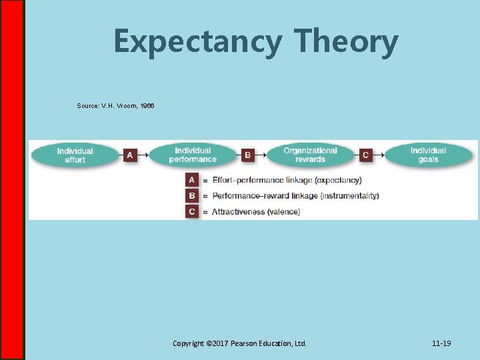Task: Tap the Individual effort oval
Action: [x=75, y=155]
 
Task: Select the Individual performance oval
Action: [x=193, y=155]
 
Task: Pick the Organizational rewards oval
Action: [x=310, y=155]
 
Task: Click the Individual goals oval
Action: [x=428, y=155]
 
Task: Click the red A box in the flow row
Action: [x=129, y=155]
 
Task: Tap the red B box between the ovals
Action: [x=247, y=155]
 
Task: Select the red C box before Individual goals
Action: [x=365, y=155]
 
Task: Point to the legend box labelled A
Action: [x=192, y=180]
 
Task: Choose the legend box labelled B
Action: [x=192, y=196]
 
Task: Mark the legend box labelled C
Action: [x=192, y=211]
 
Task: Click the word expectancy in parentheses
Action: [x=339, y=180]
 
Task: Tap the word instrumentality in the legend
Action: [x=349, y=196]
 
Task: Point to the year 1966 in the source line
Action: [x=146, y=106]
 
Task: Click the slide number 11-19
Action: [x=441, y=343]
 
